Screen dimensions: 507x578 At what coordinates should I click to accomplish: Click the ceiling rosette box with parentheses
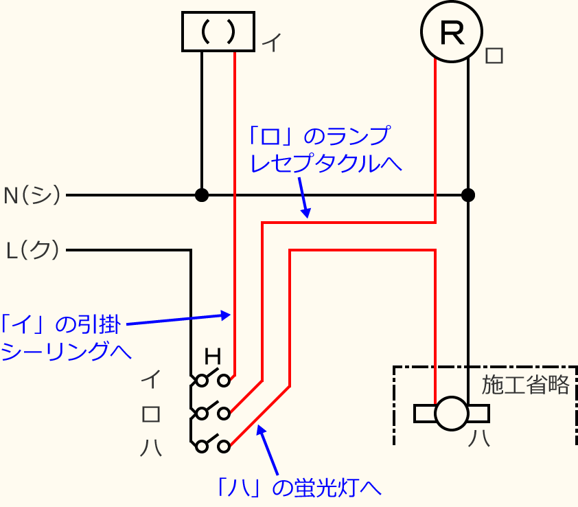click(x=218, y=32)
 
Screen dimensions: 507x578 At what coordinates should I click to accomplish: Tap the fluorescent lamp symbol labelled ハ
click(x=452, y=414)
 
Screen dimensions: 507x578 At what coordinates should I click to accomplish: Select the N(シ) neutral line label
click(x=32, y=195)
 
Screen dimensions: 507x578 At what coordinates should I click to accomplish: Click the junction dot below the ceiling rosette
click(x=202, y=195)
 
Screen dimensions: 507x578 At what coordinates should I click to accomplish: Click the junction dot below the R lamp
click(x=468, y=195)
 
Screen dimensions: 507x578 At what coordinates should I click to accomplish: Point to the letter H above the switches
click(x=213, y=357)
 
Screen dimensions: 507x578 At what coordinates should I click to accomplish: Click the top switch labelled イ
click(x=213, y=379)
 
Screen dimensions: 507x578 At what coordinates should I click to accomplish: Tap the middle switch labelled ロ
click(x=213, y=413)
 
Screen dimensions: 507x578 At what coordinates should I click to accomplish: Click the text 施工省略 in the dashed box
click(x=525, y=385)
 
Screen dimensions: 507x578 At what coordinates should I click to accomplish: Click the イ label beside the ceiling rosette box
click(x=271, y=43)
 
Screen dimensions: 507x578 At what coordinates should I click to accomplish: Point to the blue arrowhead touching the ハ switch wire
click(x=259, y=429)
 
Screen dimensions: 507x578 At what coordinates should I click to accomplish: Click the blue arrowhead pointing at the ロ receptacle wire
click(x=306, y=214)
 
